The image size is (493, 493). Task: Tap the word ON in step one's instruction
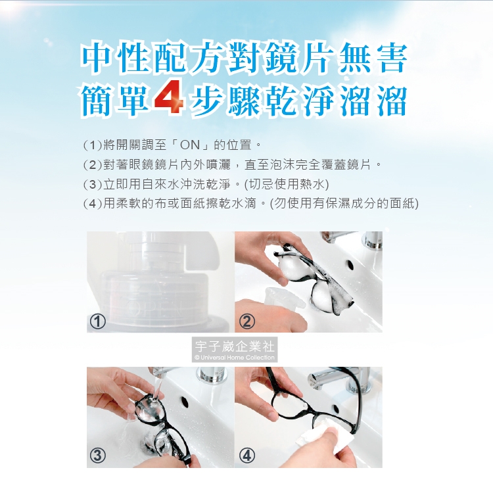point(190,145)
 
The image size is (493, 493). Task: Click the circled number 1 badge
point(97,321)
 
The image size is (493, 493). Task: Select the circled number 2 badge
point(246,321)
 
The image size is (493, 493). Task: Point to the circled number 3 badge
point(97,456)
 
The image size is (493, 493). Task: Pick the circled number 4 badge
point(246,456)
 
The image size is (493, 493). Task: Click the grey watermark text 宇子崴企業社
point(235,346)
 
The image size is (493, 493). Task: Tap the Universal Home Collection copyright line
point(235,358)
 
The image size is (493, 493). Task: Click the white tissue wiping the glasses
point(317,434)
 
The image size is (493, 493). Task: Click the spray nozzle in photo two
point(283,298)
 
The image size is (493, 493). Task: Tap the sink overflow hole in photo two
point(349,265)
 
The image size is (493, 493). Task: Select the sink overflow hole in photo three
point(185,402)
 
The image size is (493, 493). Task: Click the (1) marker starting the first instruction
point(93,145)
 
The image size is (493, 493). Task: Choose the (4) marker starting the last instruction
point(93,204)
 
